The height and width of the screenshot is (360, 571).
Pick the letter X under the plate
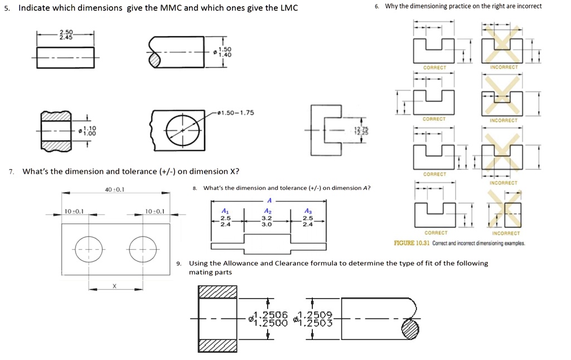click(114, 285)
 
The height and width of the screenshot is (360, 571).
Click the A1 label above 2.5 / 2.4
click(225, 211)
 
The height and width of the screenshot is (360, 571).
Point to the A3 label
click(308, 211)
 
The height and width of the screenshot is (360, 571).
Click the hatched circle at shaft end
click(410, 329)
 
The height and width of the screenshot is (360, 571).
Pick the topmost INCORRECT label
click(504, 67)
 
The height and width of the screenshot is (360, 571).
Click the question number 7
click(11, 172)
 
